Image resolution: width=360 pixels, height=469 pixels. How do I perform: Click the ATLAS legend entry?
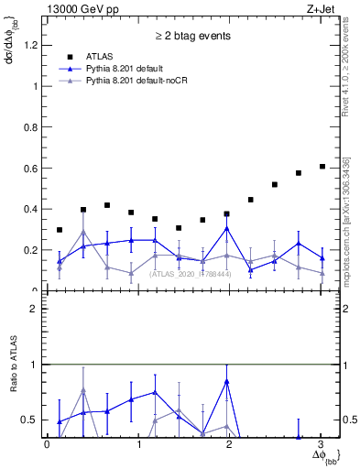pyautogui.click(x=101, y=58)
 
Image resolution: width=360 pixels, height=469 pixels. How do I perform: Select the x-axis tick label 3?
pyautogui.click(x=322, y=444)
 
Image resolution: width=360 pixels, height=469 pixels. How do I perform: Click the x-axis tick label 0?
pyautogui.click(x=47, y=444)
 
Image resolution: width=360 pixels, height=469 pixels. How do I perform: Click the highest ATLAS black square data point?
pyautogui.click(x=322, y=167)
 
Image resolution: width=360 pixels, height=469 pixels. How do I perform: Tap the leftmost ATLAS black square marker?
pyautogui.click(x=60, y=230)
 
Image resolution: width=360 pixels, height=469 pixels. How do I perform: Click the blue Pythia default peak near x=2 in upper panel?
pyautogui.click(x=226, y=228)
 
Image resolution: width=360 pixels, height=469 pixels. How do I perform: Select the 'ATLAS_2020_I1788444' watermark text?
pyautogui.click(x=191, y=274)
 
